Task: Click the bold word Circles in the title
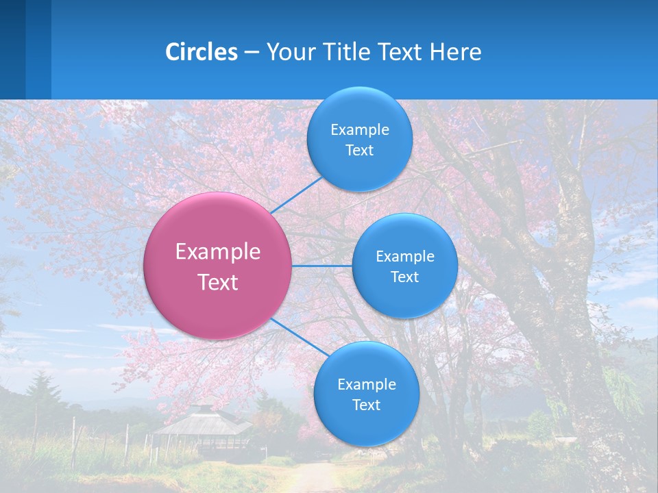click(x=202, y=52)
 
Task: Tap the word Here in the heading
click(x=455, y=52)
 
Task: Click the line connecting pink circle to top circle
click(x=296, y=195)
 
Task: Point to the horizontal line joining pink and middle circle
click(x=321, y=266)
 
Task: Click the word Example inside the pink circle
click(x=218, y=252)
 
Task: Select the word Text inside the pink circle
click(x=218, y=282)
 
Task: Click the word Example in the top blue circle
click(x=359, y=130)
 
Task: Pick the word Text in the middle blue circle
click(x=404, y=277)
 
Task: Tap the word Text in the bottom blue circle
click(x=366, y=405)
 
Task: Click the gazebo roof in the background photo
click(x=202, y=422)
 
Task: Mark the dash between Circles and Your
click(x=252, y=53)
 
